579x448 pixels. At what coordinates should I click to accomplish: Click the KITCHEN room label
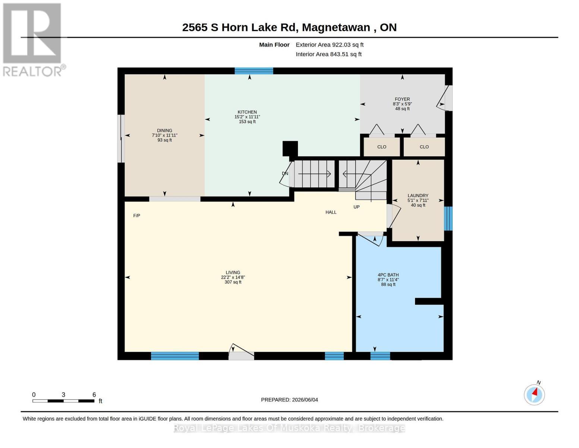pyautogui.click(x=247, y=112)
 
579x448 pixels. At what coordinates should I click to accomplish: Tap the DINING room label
pyautogui.click(x=164, y=130)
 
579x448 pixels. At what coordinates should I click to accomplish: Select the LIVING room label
pyautogui.click(x=233, y=273)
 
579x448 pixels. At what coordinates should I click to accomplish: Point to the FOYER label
pyautogui.click(x=402, y=99)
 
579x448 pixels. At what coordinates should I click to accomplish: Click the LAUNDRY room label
pyautogui.click(x=418, y=196)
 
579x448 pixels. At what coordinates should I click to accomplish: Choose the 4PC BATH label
pyautogui.click(x=388, y=275)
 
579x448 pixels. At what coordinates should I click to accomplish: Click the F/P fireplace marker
pyautogui.click(x=137, y=215)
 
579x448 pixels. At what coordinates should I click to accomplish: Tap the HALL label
pyautogui.click(x=331, y=212)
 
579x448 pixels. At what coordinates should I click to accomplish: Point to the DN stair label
pyautogui.click(x=285, y=174)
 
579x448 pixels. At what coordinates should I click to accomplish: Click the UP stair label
pyautogui.click(x=356, y=207)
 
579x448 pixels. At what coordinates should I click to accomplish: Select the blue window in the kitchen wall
pyautogui.click(x=254, y=71)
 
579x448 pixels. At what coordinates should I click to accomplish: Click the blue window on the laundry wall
pyautogui.click(x=448, y=218)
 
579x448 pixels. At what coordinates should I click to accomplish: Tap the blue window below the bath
pyautogui.click(x=380, y=356)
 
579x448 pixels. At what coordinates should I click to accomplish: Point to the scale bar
pyautogui.click(x=63, y=401)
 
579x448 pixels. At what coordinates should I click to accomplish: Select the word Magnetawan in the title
pyautogui.click(x=336, y=28)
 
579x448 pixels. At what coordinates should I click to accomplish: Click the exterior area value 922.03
pyautogui.click(x=340, y=45)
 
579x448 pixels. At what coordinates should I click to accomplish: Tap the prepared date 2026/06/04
pyautogui.click(x=305, y=400)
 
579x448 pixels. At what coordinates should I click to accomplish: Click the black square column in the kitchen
pyautogui.click(x=290, y=149)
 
